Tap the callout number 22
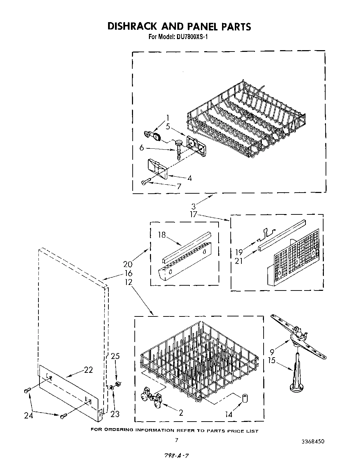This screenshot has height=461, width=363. tap(88, 370)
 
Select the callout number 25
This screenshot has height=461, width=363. tap(115, 356)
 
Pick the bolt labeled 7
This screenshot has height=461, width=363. tap(146, 181)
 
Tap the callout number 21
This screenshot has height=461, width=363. tap(239, 261)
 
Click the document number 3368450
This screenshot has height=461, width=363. tap(313, 441)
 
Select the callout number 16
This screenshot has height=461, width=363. tap(128, 274)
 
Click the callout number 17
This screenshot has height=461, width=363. tap(193, 215)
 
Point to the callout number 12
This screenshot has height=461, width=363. tap(128, 282)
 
